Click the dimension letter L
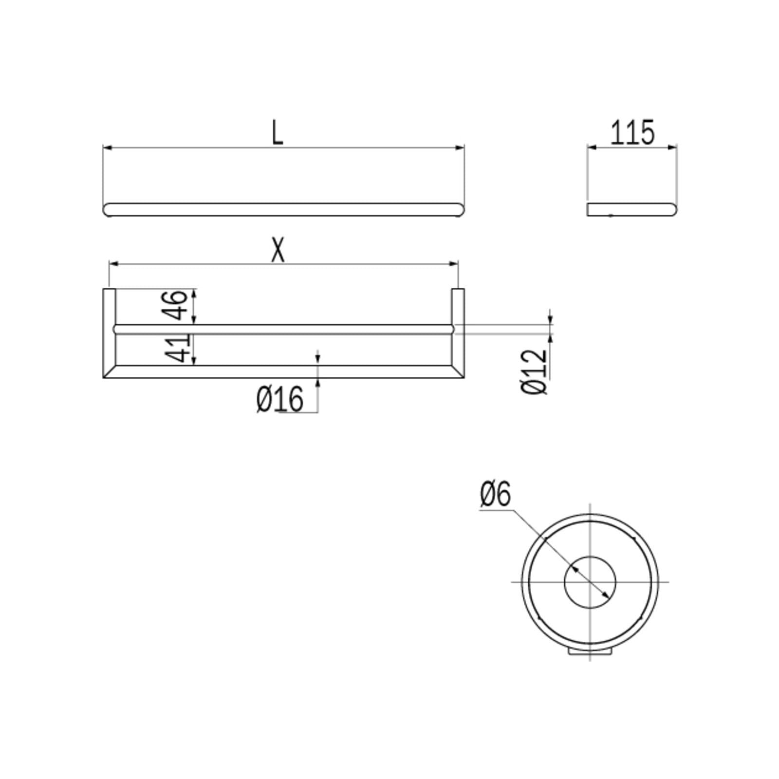(277, 133)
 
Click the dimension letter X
(278, 251)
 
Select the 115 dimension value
(632, 133)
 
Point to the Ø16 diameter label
(280, 399)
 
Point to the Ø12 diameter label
(534, 371)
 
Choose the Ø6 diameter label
(495, 494)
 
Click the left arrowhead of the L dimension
(107, 148)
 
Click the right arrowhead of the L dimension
(460, 148)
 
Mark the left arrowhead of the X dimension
(113, 264)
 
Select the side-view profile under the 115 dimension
(631, 209)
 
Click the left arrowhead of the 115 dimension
(591, 147)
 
